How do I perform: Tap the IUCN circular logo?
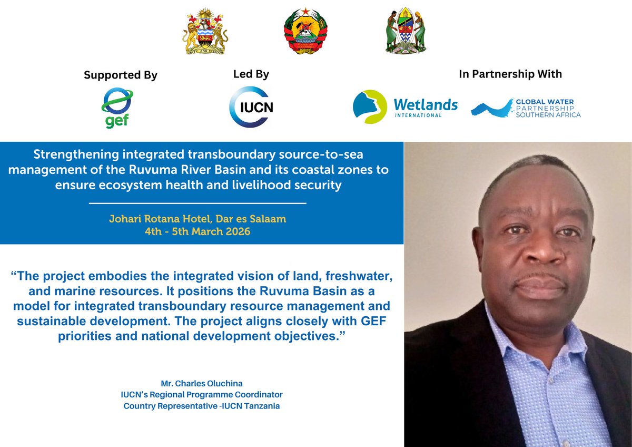(x=251, y=107)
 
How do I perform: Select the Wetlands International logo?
(x=404, y=107)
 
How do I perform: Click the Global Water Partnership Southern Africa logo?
(x=526, y=108)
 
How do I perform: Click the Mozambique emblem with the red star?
(x=305, y=31)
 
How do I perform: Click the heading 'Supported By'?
(x=121, y=75)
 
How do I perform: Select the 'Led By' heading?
(x=251, y=74)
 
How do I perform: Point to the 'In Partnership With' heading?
(x=510, y=74)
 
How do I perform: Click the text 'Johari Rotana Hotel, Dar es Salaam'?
(x=197, y=219)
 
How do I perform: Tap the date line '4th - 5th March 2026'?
(x=197, y=231)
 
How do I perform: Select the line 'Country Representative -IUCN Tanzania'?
(x=202, y=406)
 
